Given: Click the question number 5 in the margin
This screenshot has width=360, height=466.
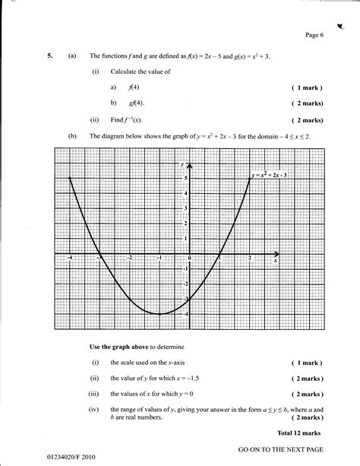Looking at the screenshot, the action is pyautogui.click(x=49, y=56).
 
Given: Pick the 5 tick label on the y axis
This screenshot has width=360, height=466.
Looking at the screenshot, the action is pyautogui.click(x=185, y=178).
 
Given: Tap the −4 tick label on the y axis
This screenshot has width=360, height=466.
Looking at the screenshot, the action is pyautogui.click(x=183, y=313).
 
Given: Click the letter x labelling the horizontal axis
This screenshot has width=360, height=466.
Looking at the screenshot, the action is pyautogui.click(x=275, y=261).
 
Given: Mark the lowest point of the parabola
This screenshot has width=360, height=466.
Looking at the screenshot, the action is pyautogui.click(x=159, y=314).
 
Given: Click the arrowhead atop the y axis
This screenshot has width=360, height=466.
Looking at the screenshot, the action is pyautogui.click(x=189, y=165).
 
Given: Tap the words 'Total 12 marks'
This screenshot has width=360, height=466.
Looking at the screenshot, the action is pyautogui.click(x=302, y=411).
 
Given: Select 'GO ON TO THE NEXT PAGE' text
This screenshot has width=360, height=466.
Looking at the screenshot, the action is pyautogui.click(x=281, y=441).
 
